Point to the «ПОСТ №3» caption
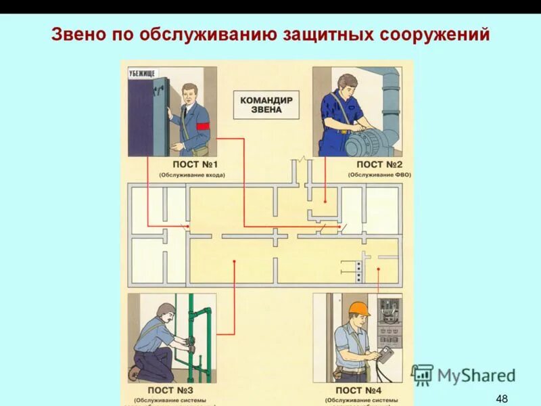[170, 390]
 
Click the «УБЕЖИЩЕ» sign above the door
[141, 73]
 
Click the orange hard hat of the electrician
[359, 309]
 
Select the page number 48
[501, 398]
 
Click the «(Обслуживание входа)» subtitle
[192, 175]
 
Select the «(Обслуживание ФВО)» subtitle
[379, 175]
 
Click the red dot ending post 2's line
[325, 201]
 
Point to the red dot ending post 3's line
[235, 261]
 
